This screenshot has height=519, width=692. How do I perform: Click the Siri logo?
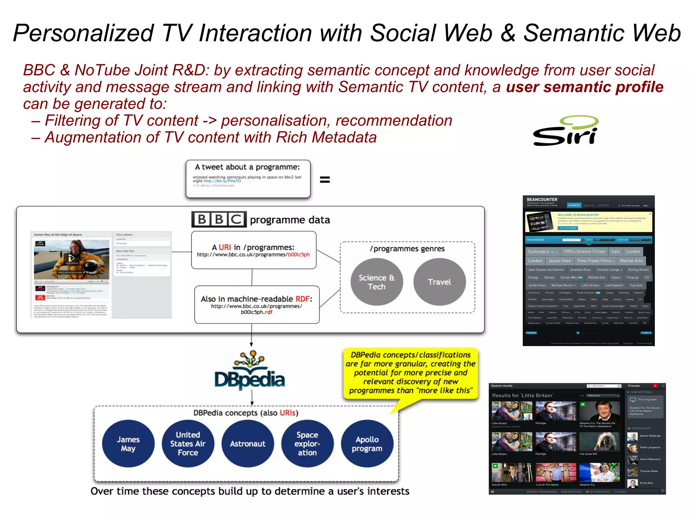click(565, 131)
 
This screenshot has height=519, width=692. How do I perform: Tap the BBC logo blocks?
click(219, 219)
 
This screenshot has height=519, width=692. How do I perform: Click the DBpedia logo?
click(250, 371)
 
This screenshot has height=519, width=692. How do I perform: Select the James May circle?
click(128, 444)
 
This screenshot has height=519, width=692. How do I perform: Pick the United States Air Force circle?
click(188, 444)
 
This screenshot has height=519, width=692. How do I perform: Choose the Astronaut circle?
click(248, 444)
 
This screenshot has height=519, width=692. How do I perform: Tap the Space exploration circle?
click(307, 444)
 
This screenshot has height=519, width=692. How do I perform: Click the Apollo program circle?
click(367, 444)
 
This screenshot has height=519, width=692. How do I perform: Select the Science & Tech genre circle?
click(376, 282)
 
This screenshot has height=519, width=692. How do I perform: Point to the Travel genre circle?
click(439, 282)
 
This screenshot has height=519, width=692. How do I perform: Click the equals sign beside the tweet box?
click(325, 180)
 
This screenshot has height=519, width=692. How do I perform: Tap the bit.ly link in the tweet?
click(222, 181)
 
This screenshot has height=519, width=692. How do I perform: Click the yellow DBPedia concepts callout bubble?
click(411, 373)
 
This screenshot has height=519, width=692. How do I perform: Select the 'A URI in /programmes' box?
click(253, 250)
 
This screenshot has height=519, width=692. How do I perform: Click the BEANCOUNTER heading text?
click(542, 200)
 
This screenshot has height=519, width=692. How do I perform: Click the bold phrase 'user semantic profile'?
click(585, 87)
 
